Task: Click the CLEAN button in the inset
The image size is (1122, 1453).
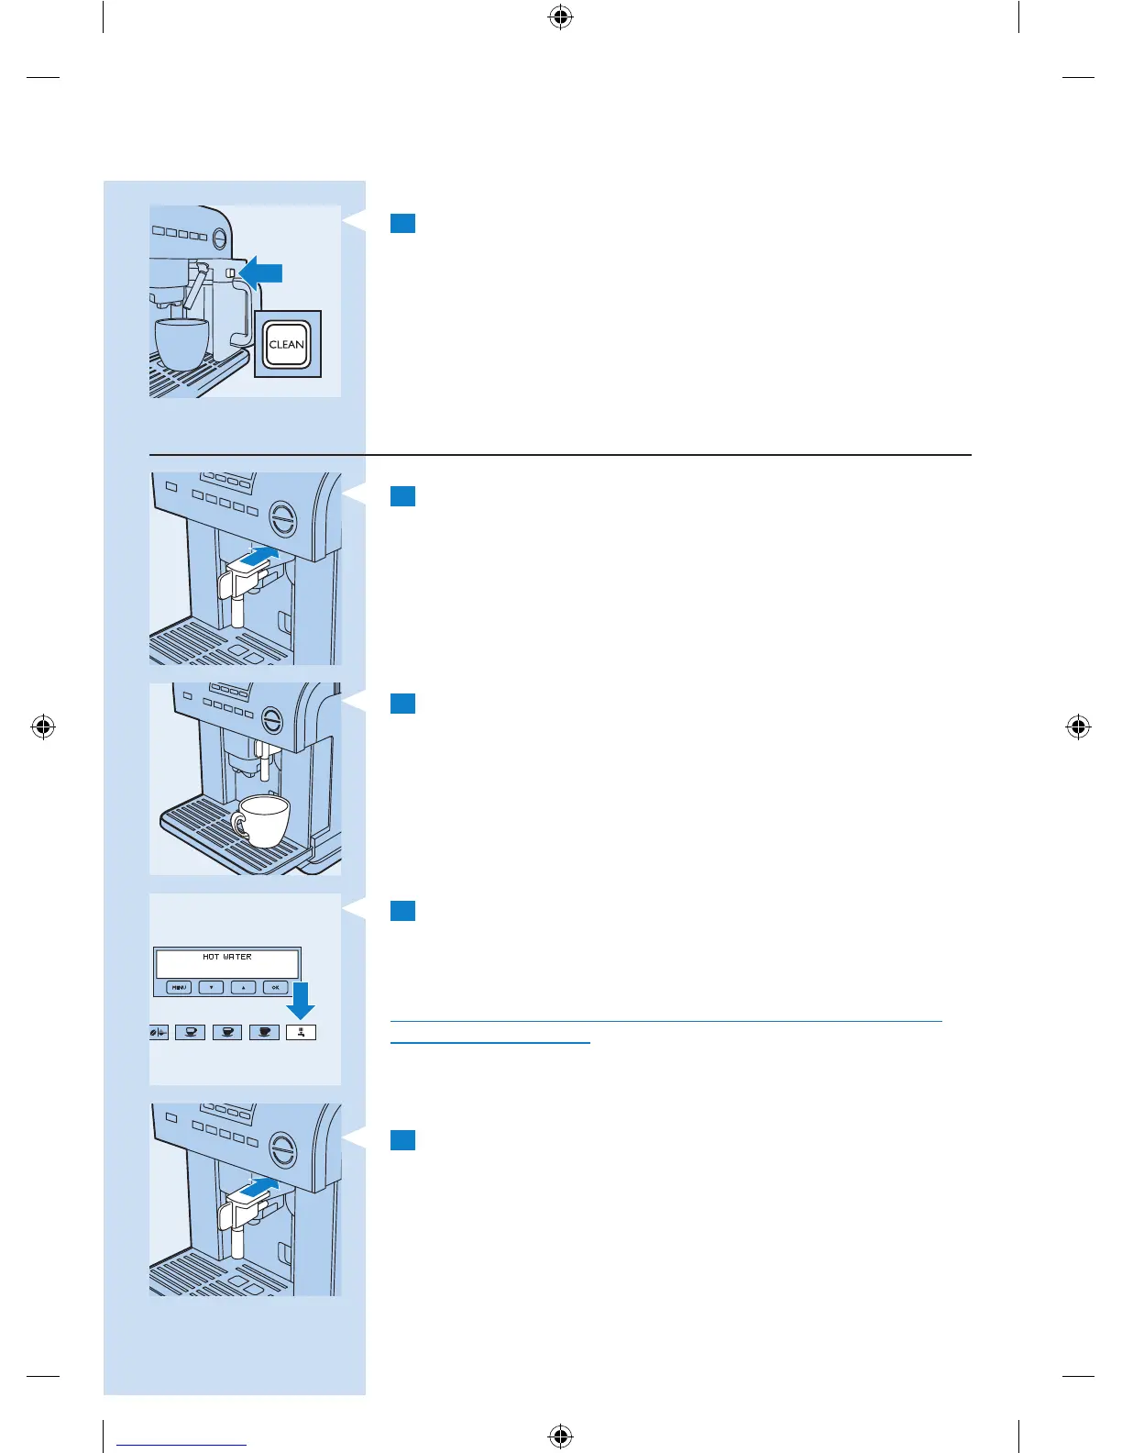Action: (287, 345)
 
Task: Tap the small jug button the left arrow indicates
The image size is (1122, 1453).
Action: (230, 273)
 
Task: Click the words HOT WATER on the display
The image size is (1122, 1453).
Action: (227, 957)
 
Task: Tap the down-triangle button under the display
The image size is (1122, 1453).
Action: (211, 988)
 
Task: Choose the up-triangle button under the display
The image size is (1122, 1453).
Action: (243, 988)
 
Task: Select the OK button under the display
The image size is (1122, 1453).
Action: (275, 988)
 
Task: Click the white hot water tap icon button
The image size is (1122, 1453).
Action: (301, 1033)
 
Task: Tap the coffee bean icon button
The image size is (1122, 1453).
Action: (159, 1033)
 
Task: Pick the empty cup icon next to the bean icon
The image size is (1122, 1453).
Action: (190, 1033)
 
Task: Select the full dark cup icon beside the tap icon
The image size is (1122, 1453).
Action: (264, 1033)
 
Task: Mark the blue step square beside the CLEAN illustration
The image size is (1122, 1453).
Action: (402, 224)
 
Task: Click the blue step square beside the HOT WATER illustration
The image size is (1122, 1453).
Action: (402, 911)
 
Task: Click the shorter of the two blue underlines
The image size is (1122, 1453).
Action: (489, 1042)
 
